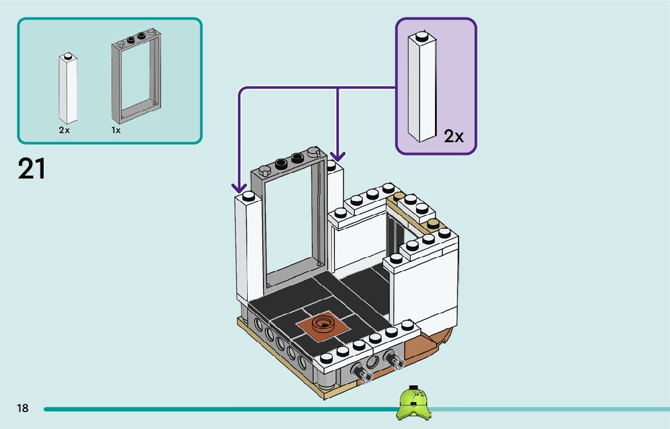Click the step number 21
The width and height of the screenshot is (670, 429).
pyautogui.click(x=32, y=169)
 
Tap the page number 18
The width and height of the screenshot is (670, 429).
pyautogui.click(x=22, y=408)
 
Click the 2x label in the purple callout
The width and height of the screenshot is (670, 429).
pyautogui.click(x=453, y=137)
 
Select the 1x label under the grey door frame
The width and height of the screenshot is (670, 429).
pyautogui.click(x=116, y=130)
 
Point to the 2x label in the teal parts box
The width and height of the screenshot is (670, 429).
pyautogui.click(x=64, y=130)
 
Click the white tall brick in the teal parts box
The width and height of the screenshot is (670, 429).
pyautogui.click(x=68, y=88)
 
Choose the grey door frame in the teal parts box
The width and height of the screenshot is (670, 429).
pyautogui.click(x=136, y=76)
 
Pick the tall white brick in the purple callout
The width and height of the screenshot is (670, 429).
pyautogui.click(x=422, y=87)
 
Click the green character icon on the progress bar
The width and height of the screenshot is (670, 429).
pyautogui.click(x=413, y=402)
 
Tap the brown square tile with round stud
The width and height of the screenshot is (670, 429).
pyautogui.click(x=323, y=326)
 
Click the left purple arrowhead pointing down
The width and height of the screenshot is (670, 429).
pyautogui.click(x=239, y=188)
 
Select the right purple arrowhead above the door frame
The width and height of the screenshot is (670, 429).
pyautogui.click(x=337, y=156)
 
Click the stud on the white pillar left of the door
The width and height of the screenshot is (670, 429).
pyautogui.click(x=248, y=197)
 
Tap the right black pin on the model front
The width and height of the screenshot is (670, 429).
pyautogui.click(x=393, y=359)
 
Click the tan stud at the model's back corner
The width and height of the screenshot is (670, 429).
pyautogui.click(x=399, y=196)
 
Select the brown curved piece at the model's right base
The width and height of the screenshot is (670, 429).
pyautogui.click(x=427, y=344)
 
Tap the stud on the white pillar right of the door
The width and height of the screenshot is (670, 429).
pyautogui.click(x=331, y=165)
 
